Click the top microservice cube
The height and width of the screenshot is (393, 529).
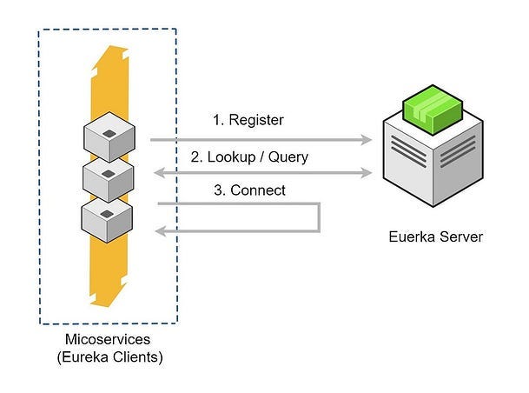(109, 140)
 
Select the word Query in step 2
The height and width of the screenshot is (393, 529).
(288, 157)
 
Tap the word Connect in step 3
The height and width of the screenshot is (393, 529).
(258, 190)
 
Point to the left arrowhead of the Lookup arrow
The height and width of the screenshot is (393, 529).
(158, 174)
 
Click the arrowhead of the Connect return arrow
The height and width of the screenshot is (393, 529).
(159, 230)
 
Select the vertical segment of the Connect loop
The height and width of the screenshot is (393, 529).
(320, 217)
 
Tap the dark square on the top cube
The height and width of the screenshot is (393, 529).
(109, 132)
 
